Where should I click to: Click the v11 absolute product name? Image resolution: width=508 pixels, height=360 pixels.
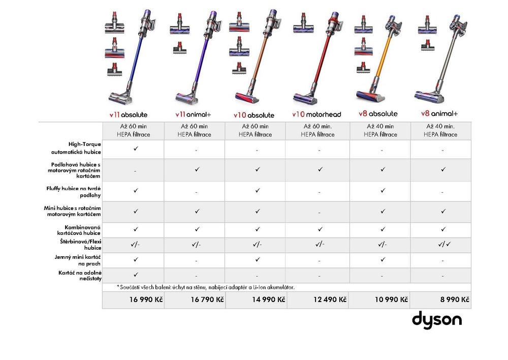[129, 115]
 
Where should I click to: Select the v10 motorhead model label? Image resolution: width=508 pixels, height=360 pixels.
[316, 114]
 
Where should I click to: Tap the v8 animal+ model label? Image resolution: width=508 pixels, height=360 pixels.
[439, 113]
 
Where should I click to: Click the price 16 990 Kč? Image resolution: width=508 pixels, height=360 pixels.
[146, 299]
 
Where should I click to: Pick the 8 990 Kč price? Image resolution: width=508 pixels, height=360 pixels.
[455, 299]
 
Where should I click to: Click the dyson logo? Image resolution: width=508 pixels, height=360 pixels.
[437, 320]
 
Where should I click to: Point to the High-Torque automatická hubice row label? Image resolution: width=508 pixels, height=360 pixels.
[76, 148]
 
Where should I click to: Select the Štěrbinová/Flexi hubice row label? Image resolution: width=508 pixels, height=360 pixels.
[81, 245]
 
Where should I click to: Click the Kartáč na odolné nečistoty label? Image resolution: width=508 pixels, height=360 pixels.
[80, 276]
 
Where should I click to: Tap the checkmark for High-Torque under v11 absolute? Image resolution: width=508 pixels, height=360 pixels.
[136, 148]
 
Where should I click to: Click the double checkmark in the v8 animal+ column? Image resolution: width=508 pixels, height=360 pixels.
[444, 244]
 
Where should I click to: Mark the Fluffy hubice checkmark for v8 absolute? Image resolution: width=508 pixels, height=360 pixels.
[383, 190]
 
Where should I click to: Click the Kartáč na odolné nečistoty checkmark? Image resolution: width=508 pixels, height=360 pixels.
[136, 275]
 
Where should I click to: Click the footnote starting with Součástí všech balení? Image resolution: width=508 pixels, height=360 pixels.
[206, 287]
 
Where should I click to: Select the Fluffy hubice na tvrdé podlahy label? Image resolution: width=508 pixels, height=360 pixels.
[74, 192]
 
